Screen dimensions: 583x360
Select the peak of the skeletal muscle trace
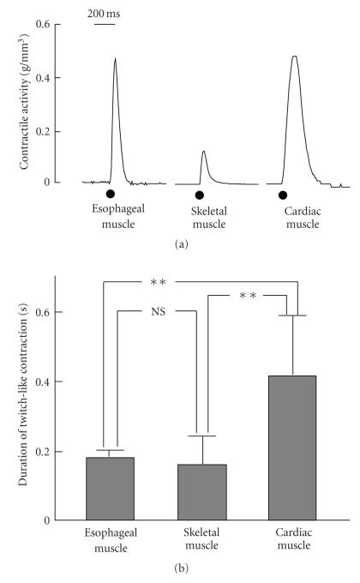pos(203,152)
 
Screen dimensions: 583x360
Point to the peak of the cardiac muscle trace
pos(294,57)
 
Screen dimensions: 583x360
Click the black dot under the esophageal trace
pos(110,195)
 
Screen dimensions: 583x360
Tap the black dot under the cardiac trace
pos(283,195)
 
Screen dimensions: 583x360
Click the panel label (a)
pos(180,244)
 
